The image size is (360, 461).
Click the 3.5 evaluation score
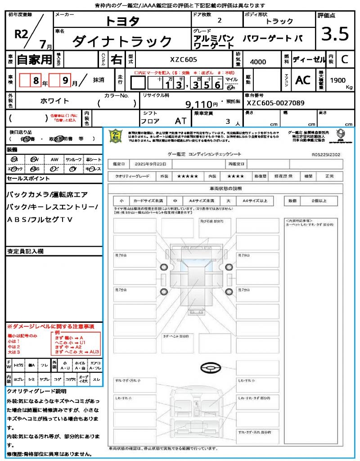coord(335,34)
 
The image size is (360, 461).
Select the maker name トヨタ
coord(122,21)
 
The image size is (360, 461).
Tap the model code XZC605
coord(183,59)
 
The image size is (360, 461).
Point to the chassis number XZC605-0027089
coord(275,103)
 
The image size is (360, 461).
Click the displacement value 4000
coord(258,62)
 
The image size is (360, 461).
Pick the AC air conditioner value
coord(302,80)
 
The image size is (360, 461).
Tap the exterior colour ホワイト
coord(55,101)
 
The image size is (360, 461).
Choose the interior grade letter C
coord(344,59)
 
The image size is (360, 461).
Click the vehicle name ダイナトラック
coord(122,41)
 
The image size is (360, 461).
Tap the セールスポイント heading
coord(28,179)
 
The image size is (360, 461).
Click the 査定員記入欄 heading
coord(25,251)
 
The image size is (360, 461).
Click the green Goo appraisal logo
coord(117,136)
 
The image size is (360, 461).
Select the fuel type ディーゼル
coord(309,59)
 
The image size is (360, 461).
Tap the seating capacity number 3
coord(228,121)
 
